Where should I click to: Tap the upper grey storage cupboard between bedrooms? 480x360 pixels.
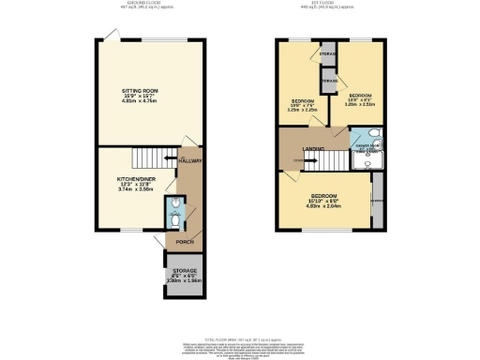328,55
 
